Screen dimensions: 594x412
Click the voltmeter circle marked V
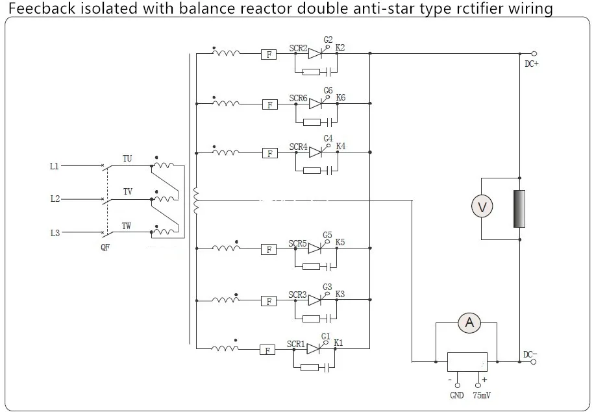coord(482,206)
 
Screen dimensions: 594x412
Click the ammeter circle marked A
coord(469,322)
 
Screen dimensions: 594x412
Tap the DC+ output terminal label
coord(532,64)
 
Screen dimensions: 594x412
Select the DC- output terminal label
coord(530,354)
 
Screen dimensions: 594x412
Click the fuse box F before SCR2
coord(269,55)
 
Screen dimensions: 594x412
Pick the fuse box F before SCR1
coord(267,350)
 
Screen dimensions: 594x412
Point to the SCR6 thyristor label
coord(298,98)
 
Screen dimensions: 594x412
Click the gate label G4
coord(328,138)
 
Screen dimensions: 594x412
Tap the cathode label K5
coord(340,242)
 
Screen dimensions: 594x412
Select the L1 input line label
coord(55,166)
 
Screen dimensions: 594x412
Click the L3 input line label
coord(55,232)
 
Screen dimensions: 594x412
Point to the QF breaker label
coord(105,247)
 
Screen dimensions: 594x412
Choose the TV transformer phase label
coord(128,191)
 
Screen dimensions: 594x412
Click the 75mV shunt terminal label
coord(482,395)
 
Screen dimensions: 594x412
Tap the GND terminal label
coord(457,395)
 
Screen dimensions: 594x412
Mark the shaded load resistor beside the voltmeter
coord(519,209)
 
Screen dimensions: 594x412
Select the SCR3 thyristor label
coord(297,295)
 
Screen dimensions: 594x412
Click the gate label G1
coord(326,336)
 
